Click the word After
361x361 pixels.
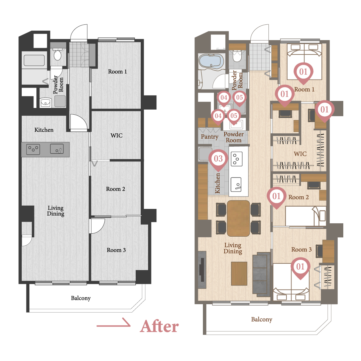pos(159,326)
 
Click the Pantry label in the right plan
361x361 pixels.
pos(210,137)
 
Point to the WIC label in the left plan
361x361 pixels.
pos(117,135)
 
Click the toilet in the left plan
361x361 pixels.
pos(57,54)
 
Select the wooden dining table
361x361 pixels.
pos(238,218)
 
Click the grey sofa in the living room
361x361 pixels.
pos(261,274)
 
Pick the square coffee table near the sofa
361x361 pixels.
pos(239,273)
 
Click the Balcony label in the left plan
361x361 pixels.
pos(81,298)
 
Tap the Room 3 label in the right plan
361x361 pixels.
pos(302,250)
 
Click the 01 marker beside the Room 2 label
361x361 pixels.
pos(276,198)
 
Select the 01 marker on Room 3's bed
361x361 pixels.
pos(300,268)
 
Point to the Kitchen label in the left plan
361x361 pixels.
pos(44,130)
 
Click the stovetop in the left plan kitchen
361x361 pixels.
pos(33,149)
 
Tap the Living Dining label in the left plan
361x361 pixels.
pos(56,211)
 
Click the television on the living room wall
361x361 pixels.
pos(202,270)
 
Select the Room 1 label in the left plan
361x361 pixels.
pos(117,72)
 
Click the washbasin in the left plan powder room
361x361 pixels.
pos(45,103)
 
